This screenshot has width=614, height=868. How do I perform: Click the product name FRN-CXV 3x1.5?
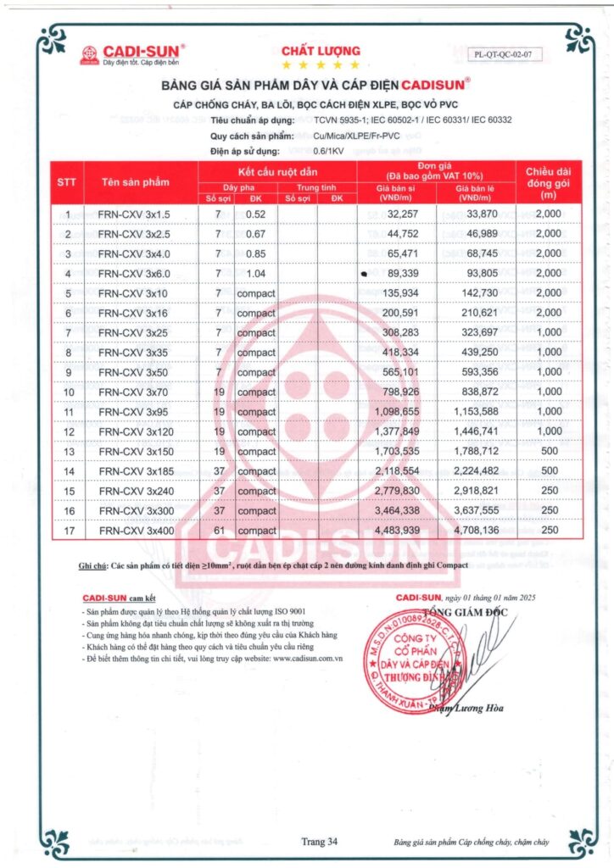(135, 214)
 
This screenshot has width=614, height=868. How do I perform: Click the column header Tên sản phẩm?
(135, 182)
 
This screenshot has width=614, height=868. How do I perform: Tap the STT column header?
(67, 182)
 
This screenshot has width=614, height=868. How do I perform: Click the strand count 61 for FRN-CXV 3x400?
(218, 531)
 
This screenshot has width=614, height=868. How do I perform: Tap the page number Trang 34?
(320, 841)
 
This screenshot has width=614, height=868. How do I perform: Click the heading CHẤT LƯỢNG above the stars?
(321, 51)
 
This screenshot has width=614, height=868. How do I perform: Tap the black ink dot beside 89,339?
(364, 274)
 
